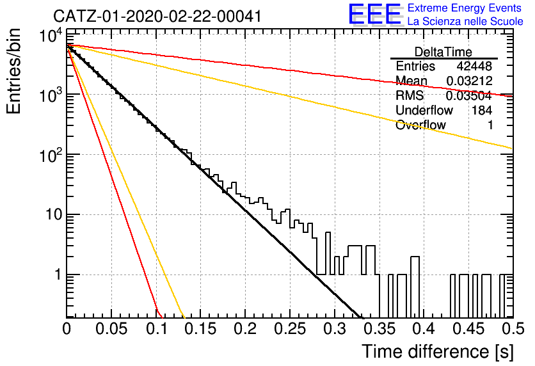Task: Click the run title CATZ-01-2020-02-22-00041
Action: pyautogui.click(x=157, y=16)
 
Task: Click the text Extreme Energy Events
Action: pyautogui.click(x=465, y=8)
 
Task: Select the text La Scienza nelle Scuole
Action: pyautogui.click(x=465, y=22)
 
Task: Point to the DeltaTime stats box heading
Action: pyautogui.click(x=443, y=52)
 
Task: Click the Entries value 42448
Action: pyautogui.click(x=474, y=66)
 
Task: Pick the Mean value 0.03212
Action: pyautogui.click(x=469, y=81)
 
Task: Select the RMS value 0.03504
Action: pyautogui.click(x=468, y=96)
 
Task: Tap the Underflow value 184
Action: pyautogui.click(x=482, y=110)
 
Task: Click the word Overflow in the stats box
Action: pyautogui.click(x=420, y=125)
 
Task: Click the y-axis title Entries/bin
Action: pyautogui.click(x=14, y=72)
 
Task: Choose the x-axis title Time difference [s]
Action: pyautogui.click(x=438, y=352)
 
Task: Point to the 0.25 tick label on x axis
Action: pyautogui.click(x=290, y=329)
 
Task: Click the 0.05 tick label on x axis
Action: pyautogui.click(x=111, y=329)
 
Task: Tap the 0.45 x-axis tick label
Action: pyautogui.click(x=469, y=329)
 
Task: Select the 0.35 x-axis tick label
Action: pyautogui.click(x=379, y=329)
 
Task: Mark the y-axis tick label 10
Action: pyautogui.click(x=53, y=214)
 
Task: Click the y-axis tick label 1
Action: pyautogui.click(x=58, y=274)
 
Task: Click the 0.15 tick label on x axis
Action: pyautogui.click(x=201, y=329)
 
